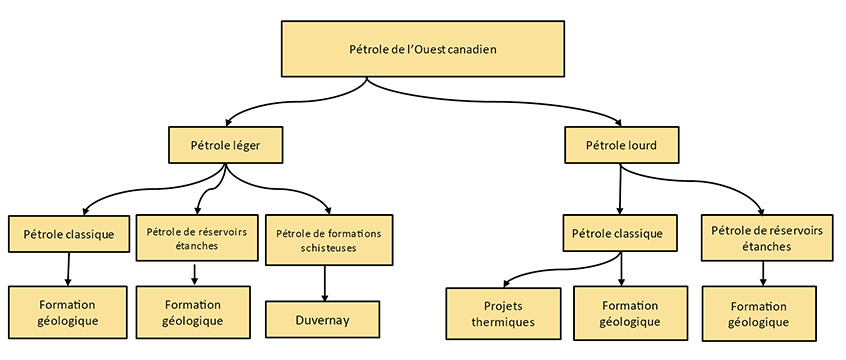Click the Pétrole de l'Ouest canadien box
coord(423,49)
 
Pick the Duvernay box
coord(325,319)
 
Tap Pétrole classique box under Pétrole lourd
coord(617,233)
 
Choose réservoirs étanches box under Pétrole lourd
coord(765,237)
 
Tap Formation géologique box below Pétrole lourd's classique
coord(630,313)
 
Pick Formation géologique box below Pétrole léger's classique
coord(69,313)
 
